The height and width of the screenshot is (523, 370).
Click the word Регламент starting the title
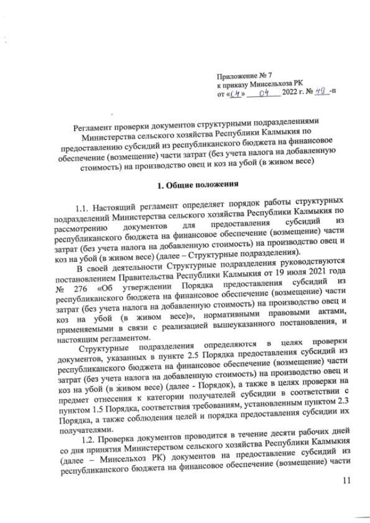[96, 128]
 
